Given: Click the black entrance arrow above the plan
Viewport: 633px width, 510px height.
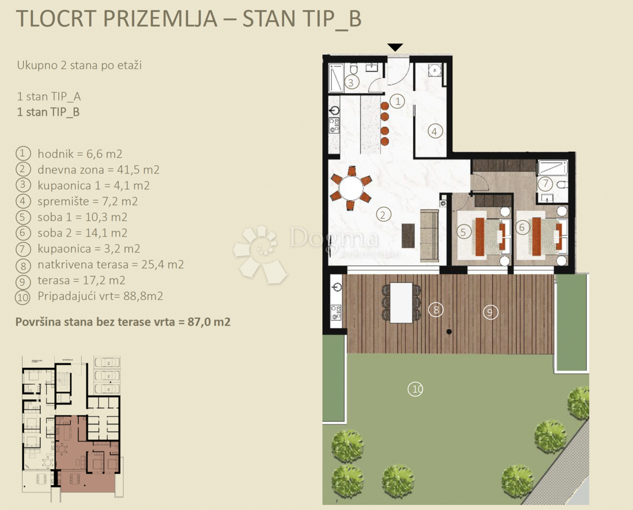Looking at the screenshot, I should click(x=395, y=48).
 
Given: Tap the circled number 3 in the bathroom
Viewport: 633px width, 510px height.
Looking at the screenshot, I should click(x=352, y=82).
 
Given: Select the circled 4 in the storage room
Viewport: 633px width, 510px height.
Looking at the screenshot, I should click(x=435, y=131).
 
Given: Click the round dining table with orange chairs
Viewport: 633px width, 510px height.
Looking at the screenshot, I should click(x=351, y=187).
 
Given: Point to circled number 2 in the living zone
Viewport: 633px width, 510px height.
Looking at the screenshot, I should click(x=383, y=214).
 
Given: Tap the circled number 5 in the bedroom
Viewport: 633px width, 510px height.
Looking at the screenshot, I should click(x=464, y=231).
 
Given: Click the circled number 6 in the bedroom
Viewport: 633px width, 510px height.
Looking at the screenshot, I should click(x=522, y=228).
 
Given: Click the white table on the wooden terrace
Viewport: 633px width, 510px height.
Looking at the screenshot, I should click(x=400, y=303).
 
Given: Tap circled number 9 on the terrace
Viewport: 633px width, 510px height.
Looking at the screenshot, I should click(x=490, y=313).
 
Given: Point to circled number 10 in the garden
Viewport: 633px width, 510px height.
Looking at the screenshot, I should click(x=416, y=390).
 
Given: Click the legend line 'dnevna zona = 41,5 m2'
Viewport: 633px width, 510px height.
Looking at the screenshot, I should click(x=98, y=170).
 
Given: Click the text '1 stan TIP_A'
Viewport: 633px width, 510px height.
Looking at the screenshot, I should click(x=49, y=97).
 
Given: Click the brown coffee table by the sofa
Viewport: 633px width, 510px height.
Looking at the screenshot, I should click(x=408, y=235).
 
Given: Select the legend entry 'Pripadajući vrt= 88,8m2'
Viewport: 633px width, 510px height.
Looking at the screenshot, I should click(x=100, y=296).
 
